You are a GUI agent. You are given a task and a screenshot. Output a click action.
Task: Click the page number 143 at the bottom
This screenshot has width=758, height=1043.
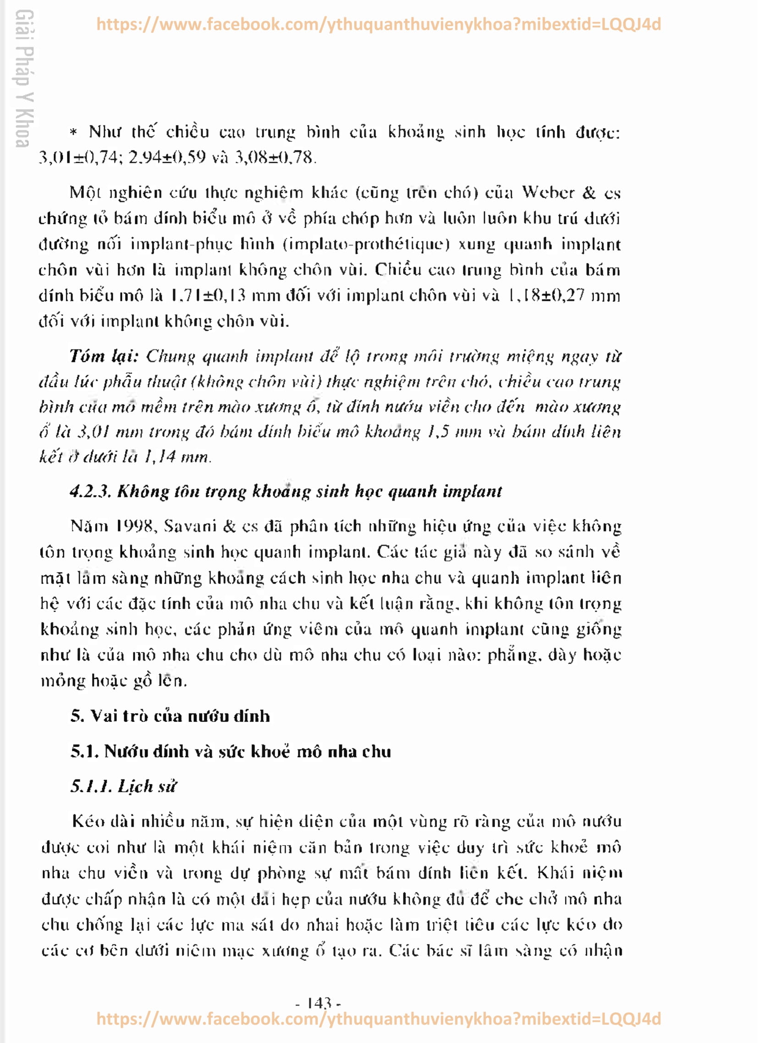tap(318, 1003)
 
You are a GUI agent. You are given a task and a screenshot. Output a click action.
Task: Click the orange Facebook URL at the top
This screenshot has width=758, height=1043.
tap(378, 24)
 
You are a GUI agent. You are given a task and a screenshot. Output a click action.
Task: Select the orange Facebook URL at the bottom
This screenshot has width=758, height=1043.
tap(378, 1019)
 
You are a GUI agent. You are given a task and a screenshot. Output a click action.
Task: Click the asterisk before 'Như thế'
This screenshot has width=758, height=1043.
tap(73, 132)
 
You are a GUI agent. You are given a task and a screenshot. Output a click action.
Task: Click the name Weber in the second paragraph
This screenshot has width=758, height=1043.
tap(548, 192)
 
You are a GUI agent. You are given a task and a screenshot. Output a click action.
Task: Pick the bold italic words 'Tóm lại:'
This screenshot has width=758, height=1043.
tap(104, 355)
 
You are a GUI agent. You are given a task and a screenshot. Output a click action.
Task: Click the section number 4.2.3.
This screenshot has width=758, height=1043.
tap(90, 491)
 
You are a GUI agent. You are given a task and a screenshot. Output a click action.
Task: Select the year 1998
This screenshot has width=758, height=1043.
tap(134, 526)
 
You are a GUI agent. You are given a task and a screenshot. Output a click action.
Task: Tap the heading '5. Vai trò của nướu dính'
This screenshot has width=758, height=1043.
tap(170, 716)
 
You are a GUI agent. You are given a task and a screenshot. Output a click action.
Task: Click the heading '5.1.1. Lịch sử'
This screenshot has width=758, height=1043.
tap(123, 786)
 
